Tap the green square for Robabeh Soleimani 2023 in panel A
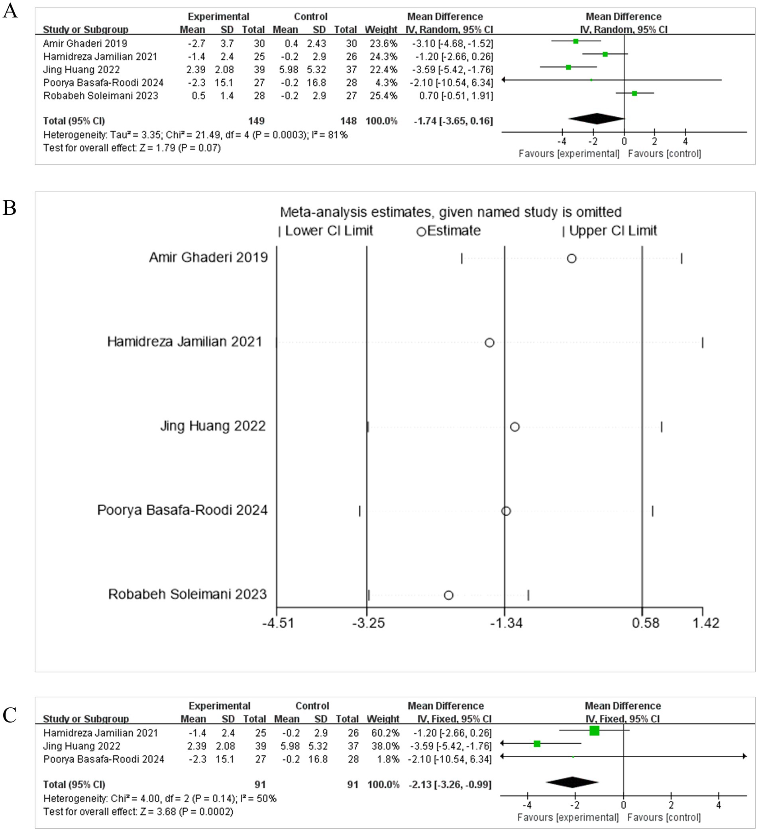click(x=634, y=94)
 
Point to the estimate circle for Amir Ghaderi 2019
click(x=571, y=259)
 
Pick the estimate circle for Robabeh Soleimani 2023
click(x=449, y=595)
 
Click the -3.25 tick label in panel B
click(x=368, y=623)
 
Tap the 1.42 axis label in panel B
click(x=706, y=623)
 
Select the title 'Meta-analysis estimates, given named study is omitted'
click(x=450, y=212)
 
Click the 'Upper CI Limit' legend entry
click(x=612, y=231)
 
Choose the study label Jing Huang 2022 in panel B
click(x=213, y=426)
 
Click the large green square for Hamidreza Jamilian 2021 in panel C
click(x=594, y=731)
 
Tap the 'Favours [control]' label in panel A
click(x=664, y=154)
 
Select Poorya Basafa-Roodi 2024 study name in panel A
click(x=104, y=82)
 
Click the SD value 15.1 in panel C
click(x=225, y=759)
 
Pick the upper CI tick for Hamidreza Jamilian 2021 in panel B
click(x=702, y=343)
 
